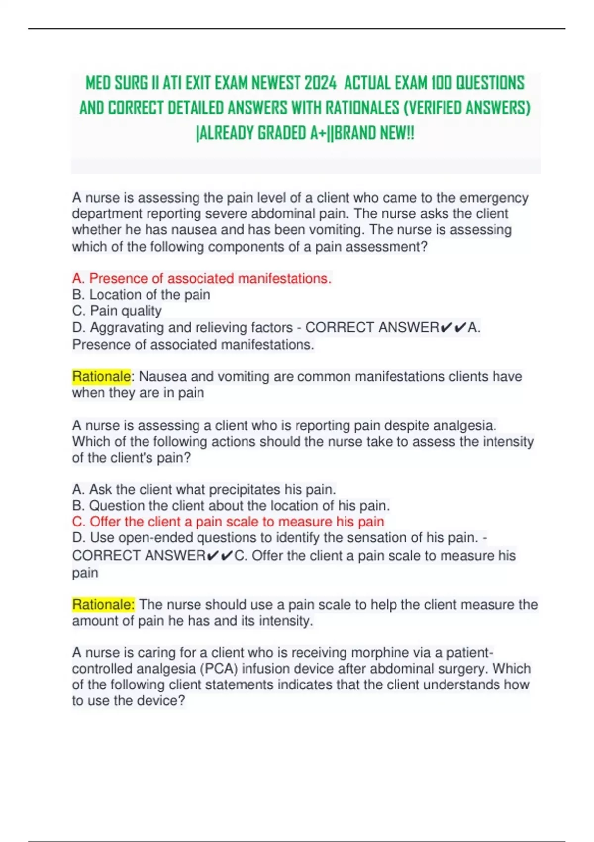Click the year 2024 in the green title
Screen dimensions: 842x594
click(320, 83)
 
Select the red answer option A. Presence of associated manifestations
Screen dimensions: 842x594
click(201, 279)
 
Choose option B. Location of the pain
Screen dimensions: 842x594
click(141, 295)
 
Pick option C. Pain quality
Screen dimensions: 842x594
click(117, 311)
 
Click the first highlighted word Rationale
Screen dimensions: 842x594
click(101, 376)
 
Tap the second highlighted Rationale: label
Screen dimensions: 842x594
click(103, 604)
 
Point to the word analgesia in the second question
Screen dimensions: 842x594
click(464, 425)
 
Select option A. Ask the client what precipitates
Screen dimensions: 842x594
click(204, 489)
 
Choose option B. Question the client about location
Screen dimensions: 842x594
click(231, 506)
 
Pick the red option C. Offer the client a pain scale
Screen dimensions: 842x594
click(228, 522)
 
